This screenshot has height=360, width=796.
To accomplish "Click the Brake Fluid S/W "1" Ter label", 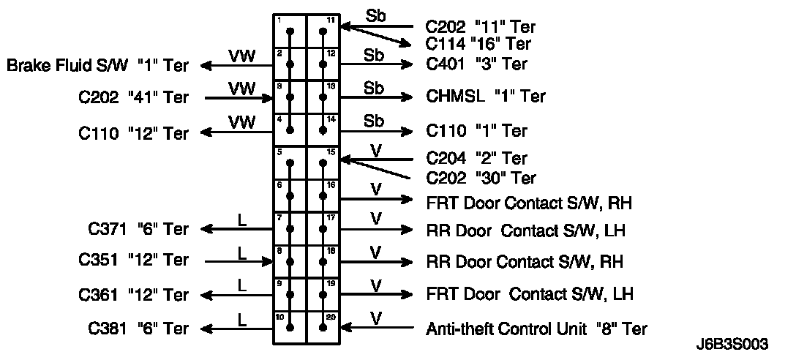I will point(97,65).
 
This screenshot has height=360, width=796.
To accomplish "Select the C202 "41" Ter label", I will point(135,97).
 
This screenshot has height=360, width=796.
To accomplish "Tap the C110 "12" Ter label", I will point(134,133).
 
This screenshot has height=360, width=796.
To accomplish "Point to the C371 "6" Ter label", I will point(138,229).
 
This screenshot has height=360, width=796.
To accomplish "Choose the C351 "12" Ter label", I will point(134,260).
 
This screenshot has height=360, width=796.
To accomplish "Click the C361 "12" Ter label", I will point(134,295).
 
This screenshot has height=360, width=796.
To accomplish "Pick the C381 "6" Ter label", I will point(138,329).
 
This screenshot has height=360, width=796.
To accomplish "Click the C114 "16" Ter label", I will point(478,44).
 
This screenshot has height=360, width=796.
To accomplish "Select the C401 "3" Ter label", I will point(476,64).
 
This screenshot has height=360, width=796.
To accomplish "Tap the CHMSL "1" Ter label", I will point(485,97).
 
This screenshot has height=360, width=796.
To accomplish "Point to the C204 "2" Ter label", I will point(476,158).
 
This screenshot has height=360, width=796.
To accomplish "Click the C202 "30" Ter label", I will point(481,178).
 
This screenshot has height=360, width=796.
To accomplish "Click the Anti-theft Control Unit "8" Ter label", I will point(536,329).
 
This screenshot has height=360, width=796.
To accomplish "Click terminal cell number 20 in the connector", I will point(323,327).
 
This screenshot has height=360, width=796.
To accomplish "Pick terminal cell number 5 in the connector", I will point(290,162).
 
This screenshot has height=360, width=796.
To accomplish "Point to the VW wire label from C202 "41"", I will point(242,88).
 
